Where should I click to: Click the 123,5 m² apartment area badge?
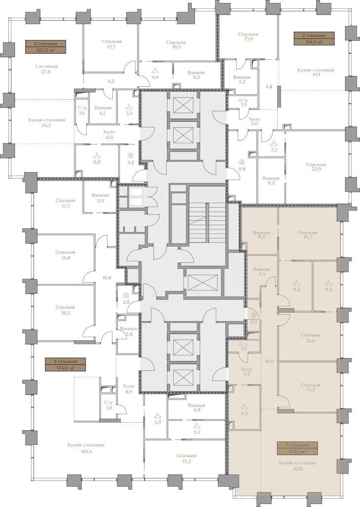coord(45,46)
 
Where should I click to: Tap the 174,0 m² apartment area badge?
coord(65,364)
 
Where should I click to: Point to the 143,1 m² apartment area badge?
coord(297,448)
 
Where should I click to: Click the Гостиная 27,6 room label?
coord(46,69)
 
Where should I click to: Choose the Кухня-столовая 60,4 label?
coord(86,448)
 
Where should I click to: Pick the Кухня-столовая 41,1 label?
coord(315,72)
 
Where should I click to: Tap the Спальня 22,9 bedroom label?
coord(316,167)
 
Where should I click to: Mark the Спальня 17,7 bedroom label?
coord(65,203)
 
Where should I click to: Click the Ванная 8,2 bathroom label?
coord(262,234)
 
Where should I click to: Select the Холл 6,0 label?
coord(108,135)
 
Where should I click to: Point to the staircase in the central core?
coord(207,218)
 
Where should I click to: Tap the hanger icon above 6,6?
coord(328,283)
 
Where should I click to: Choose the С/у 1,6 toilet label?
coord(82,110)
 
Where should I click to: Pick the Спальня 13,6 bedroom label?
coord(248,36)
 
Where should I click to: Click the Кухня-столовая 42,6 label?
coord(297,466)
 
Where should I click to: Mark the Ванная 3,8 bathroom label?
coord(128,331)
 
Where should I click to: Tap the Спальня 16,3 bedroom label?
coord(307,234)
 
